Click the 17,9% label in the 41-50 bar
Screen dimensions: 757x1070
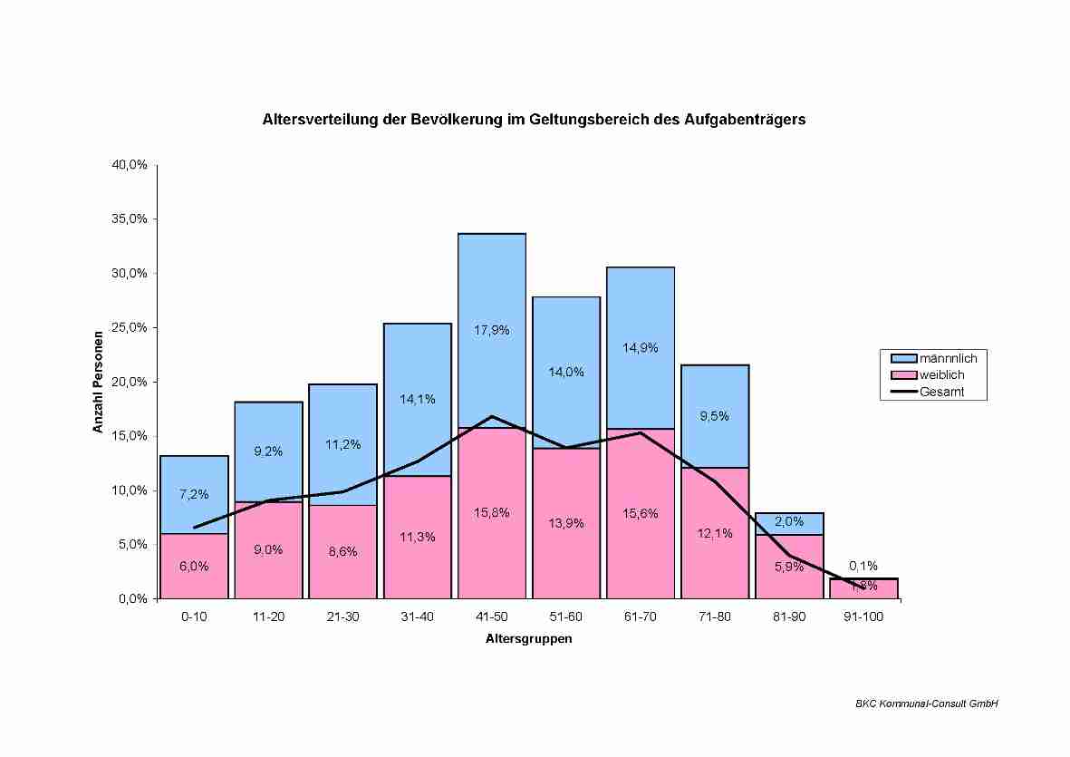(x=492, y=330)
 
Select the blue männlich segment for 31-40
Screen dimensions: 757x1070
(x=418, y=363)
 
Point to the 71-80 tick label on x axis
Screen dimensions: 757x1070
(x=715, y=616)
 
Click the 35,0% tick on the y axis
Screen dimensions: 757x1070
(x=130, y=219)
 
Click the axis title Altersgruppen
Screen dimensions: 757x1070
(x=528, y=638)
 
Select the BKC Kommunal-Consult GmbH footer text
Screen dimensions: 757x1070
(x=926, y=704)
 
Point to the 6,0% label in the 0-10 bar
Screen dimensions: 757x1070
(x=194, y=566)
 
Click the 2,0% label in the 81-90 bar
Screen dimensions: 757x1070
(x=788, y=521)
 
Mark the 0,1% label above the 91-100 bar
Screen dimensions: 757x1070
(x=863, y=566)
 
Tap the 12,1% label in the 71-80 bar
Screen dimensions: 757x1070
(x=715, y=533)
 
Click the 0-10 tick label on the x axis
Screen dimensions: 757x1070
(x=194, y=616)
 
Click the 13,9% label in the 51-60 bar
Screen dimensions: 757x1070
(x=566, y=523)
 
